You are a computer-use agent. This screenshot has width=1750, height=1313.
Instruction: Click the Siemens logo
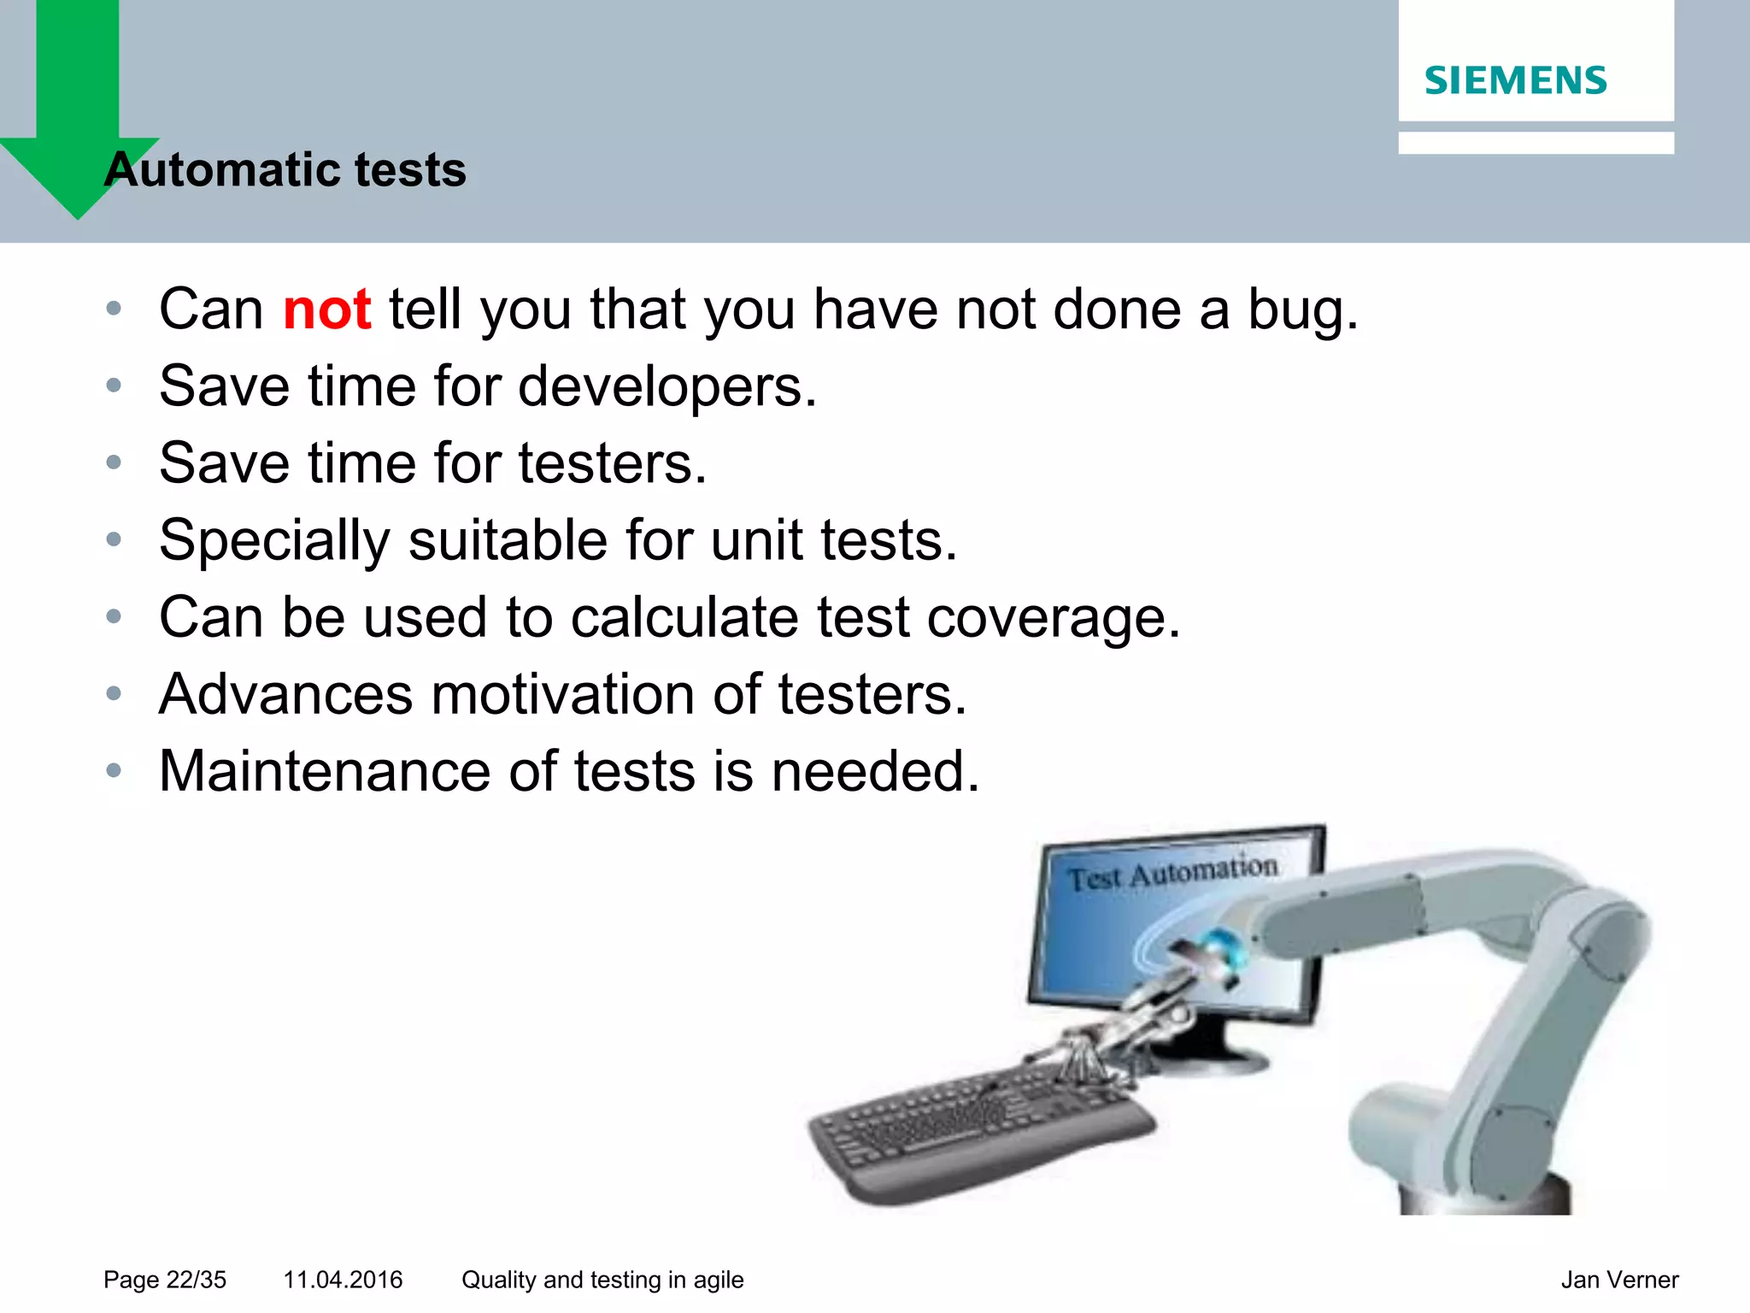[x=1515, y=80]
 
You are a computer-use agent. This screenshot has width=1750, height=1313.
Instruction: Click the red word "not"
[x=326, y=309]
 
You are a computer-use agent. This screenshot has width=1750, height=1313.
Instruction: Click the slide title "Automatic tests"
[x=285, y=169]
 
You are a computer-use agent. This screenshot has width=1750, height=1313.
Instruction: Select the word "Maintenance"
[x=325, y=772]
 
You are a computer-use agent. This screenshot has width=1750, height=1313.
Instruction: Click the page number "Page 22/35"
[x=165, y=1280]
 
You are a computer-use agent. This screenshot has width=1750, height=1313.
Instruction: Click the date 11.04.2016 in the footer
[x=343, y=1280]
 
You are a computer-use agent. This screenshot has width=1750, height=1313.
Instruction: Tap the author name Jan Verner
[x=1619, y=1280]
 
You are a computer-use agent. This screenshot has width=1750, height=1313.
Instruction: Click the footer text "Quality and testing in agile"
[x=602, y=1280]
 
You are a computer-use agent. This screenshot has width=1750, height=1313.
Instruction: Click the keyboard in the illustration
[x=974, y=1128]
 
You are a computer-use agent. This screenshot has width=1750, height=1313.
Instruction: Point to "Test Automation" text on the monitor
[x=1172, y=873]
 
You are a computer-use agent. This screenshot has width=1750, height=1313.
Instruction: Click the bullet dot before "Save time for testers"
[x=114, y=462]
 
